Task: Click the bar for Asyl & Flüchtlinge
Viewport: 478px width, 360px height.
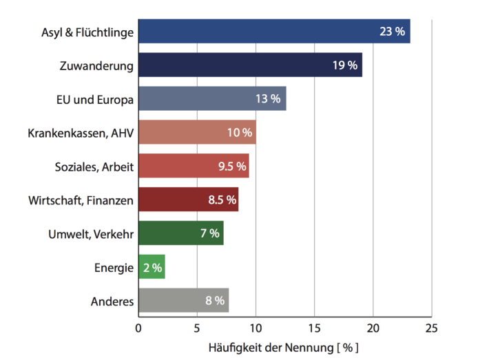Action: click(274, 32)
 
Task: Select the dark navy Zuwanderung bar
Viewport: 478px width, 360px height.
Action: click(250, 65)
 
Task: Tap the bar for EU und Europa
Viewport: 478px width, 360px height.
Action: click(212, 98)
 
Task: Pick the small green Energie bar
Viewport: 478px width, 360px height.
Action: click(152, 267)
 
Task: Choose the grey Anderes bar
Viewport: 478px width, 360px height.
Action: click(183, 301)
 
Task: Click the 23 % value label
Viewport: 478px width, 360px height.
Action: click(392, 32)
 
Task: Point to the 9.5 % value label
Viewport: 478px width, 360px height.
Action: click(231, 166)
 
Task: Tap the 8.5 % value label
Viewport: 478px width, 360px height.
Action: click(222, 200)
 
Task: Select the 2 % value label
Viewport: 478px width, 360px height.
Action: click(152, 267)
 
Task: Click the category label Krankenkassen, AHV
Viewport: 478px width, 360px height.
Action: click(81, 133)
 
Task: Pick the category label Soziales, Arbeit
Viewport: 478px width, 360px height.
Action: click(94, 167)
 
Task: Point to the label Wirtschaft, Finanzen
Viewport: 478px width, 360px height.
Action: click(81, 200)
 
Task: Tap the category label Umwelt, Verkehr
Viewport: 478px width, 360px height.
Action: click(90, 234)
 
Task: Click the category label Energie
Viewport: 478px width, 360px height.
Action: click(114, 268)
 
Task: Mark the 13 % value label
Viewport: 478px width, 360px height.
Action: click(268, 98)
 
